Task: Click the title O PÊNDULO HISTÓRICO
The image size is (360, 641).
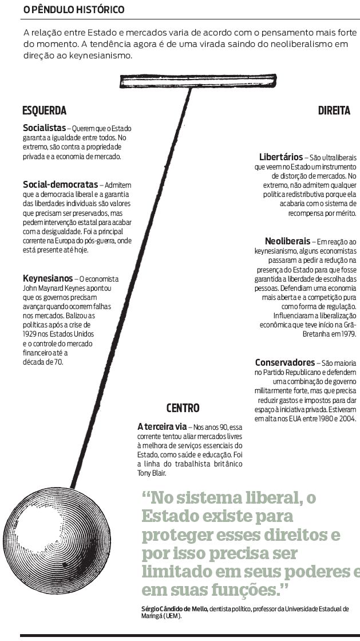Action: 74,10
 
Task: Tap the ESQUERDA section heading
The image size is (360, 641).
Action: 44,111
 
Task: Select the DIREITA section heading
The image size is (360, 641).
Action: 334,111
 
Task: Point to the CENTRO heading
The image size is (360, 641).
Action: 183,408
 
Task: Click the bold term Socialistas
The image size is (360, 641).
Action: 44,128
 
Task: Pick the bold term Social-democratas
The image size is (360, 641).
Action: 60,185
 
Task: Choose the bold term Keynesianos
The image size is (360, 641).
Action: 48,279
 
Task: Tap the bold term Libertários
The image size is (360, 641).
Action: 280,156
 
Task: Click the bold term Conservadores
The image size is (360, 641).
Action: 284,362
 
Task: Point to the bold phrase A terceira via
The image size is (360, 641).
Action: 162,426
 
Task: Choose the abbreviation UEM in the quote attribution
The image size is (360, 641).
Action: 171,617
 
